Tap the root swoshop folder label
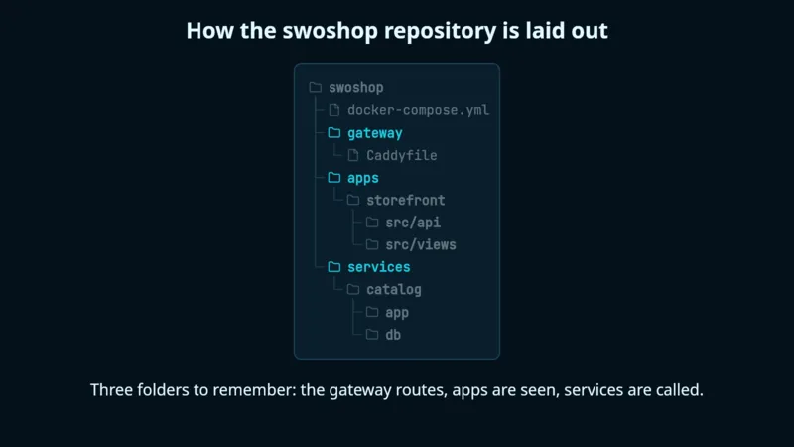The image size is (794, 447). coord(356,88)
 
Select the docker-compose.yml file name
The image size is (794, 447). coord(418,110)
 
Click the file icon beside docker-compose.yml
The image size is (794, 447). coord(334,110)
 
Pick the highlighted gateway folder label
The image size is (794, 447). coord(375,133)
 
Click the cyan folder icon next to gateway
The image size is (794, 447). coord(334,133)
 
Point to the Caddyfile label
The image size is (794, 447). coord(402,155)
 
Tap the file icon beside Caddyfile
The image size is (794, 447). coord(353,155)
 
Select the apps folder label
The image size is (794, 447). coord(363,178)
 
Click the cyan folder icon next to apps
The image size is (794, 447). coord(334,178)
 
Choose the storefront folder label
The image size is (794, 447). coord(406,201)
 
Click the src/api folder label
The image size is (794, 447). coord(413,223)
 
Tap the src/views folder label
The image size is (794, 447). coord(421,244)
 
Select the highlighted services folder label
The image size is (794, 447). coord(379,267)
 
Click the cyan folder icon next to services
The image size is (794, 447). coord(334,267)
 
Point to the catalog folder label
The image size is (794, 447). coord(394,290)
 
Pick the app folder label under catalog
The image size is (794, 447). coord(397,313)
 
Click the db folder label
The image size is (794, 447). coord(393,335)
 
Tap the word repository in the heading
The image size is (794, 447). coord(440,31)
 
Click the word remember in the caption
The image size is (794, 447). coord(254,390)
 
